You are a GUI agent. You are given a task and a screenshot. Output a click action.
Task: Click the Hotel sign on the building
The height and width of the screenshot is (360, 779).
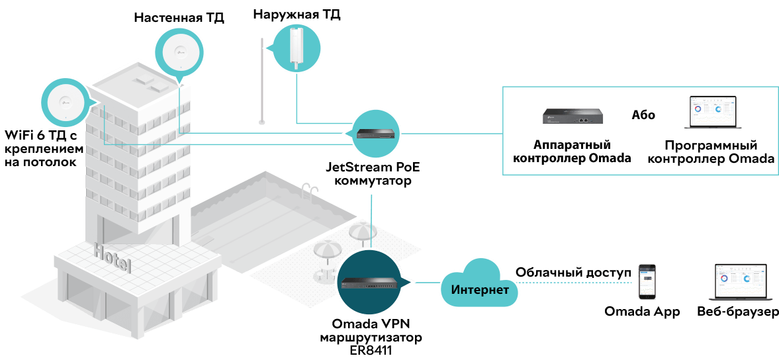click(x=113, y=257)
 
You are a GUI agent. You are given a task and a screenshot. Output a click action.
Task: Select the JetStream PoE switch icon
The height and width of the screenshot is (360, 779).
click(x=377, y=133)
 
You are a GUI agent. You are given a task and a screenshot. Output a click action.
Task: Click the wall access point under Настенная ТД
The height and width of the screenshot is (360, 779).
click(x=180, y=52)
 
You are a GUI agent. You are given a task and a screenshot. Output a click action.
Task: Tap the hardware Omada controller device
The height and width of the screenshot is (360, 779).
click(x=573, y=116)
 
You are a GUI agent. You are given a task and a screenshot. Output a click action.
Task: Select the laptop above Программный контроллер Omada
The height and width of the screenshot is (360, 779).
click(x=713, y=113)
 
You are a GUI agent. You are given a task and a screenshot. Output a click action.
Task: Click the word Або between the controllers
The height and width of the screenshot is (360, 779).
click(x=643, y=115)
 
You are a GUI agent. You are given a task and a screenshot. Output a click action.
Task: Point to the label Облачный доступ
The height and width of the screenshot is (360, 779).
click(x=573, y=272)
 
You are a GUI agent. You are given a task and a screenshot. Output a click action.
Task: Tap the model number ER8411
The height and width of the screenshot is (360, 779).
click(x=370, y=351)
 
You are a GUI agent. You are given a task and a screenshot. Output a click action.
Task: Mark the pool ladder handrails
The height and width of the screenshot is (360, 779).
click(x=310, y=190)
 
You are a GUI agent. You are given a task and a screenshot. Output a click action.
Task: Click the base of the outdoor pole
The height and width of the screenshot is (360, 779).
click(x=262, y=121)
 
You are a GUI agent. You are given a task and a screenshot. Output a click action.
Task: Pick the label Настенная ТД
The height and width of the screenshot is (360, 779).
click(x=179, y=19)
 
